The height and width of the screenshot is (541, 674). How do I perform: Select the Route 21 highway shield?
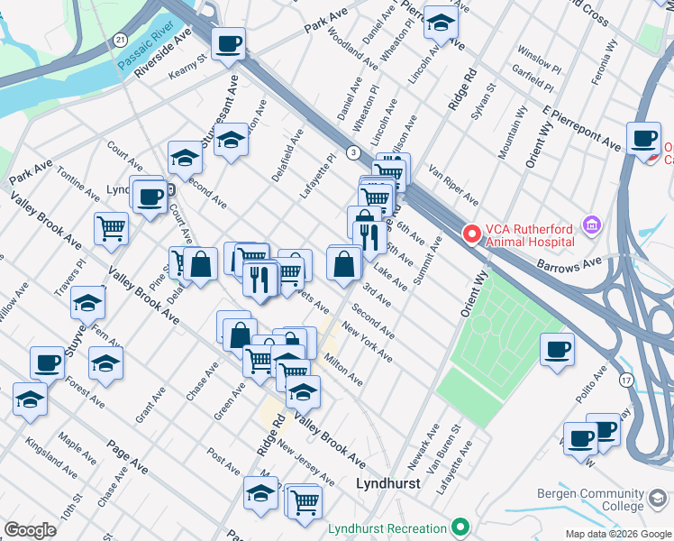pyautogui.click(x=120, y=41)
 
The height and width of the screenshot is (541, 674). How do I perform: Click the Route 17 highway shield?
pyautogui.click(x=626, y=381)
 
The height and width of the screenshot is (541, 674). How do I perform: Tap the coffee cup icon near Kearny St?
pyautogui.click(x=228, y=41)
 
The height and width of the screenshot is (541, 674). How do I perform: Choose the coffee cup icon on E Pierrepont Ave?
pyautogui.click(x=643, y=138)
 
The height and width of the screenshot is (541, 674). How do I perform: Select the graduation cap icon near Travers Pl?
pyautogui.click(x=88, y=301)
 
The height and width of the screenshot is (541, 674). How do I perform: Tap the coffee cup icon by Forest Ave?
pyautogui.click(x=47, y=362)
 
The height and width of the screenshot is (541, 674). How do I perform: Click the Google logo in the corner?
pyautogui.click(x=30, y=530)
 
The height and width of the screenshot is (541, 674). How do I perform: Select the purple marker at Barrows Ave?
pyautogui.click(x=592, y=224)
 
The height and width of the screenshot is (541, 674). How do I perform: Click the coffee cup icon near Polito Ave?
pyautogui.click(x=557, y=348)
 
